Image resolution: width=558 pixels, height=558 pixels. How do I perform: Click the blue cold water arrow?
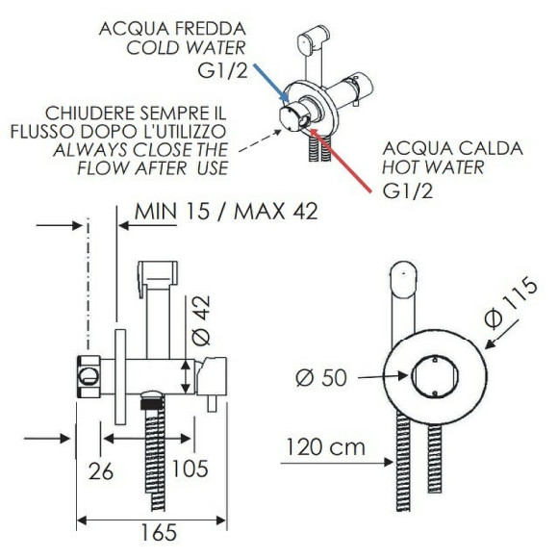point(270,82)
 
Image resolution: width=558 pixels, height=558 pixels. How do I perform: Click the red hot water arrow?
point(341,161)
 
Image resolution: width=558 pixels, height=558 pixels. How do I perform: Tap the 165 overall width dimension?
point(159,532)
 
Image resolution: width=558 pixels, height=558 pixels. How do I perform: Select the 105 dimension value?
point(190,469)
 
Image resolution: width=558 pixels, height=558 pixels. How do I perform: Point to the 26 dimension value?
point(101,471)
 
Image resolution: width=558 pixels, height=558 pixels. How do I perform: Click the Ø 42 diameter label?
point(201,320)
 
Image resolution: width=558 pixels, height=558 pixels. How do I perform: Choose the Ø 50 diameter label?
point(321,377)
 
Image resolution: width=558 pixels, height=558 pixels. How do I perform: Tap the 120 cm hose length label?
point(325,447)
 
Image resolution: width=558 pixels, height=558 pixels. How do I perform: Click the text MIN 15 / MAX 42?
point(226,212)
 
